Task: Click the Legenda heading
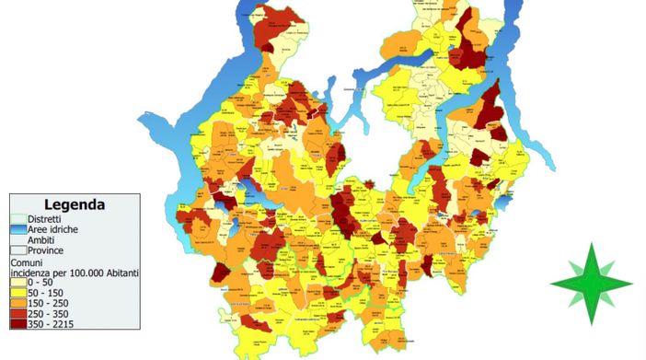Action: (74, 204)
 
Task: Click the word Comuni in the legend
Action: (28, 262)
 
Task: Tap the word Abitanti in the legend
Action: (118, 273)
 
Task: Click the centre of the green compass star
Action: (591, 284)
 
